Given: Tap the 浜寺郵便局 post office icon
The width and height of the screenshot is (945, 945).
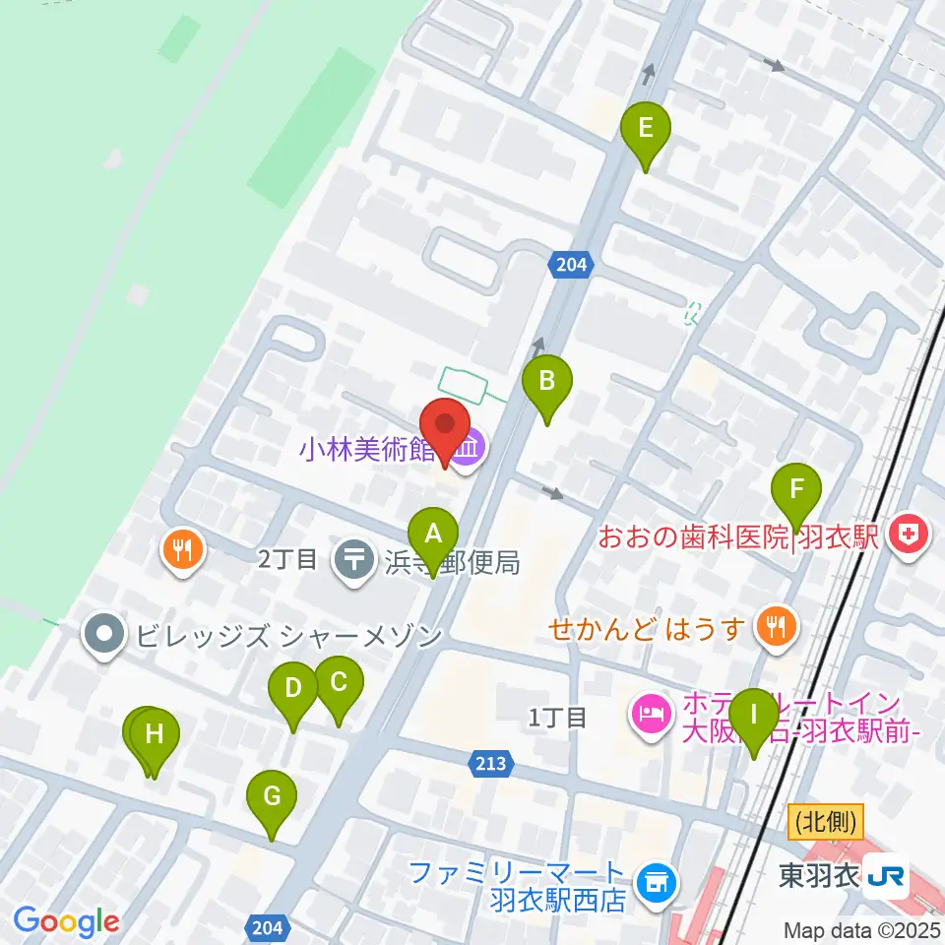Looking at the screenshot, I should [x=354, y=560].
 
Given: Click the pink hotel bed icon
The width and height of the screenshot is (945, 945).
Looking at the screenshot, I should [x=652, y=708].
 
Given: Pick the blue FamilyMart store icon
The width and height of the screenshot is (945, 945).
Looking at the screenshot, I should [x=654, y=882].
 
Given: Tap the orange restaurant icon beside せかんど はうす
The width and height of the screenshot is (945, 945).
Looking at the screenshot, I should [x=778, y=626].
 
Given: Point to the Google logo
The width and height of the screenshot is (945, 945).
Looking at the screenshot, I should [x=66, y=922].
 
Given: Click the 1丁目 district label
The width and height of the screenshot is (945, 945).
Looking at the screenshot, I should [x=557, y=718].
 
